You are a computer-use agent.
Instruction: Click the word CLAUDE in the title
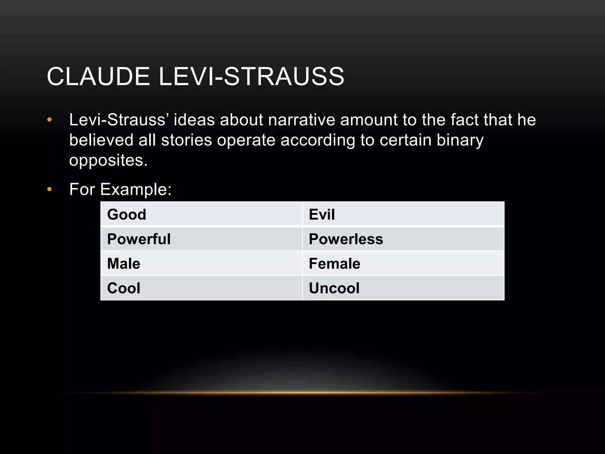(98, 76)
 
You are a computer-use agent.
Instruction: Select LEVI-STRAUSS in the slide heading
(251, 76)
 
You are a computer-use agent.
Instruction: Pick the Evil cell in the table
(403, 214)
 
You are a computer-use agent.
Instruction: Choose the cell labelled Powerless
(403, 239)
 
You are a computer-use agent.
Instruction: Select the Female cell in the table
(403, 263)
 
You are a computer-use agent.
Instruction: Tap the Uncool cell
(403, 288)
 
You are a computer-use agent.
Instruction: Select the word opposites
(108, 160)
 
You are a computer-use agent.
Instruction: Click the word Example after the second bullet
(136, 189)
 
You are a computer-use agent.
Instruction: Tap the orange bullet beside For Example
(49, 189)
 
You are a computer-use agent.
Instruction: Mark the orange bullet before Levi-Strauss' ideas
(49, 120)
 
